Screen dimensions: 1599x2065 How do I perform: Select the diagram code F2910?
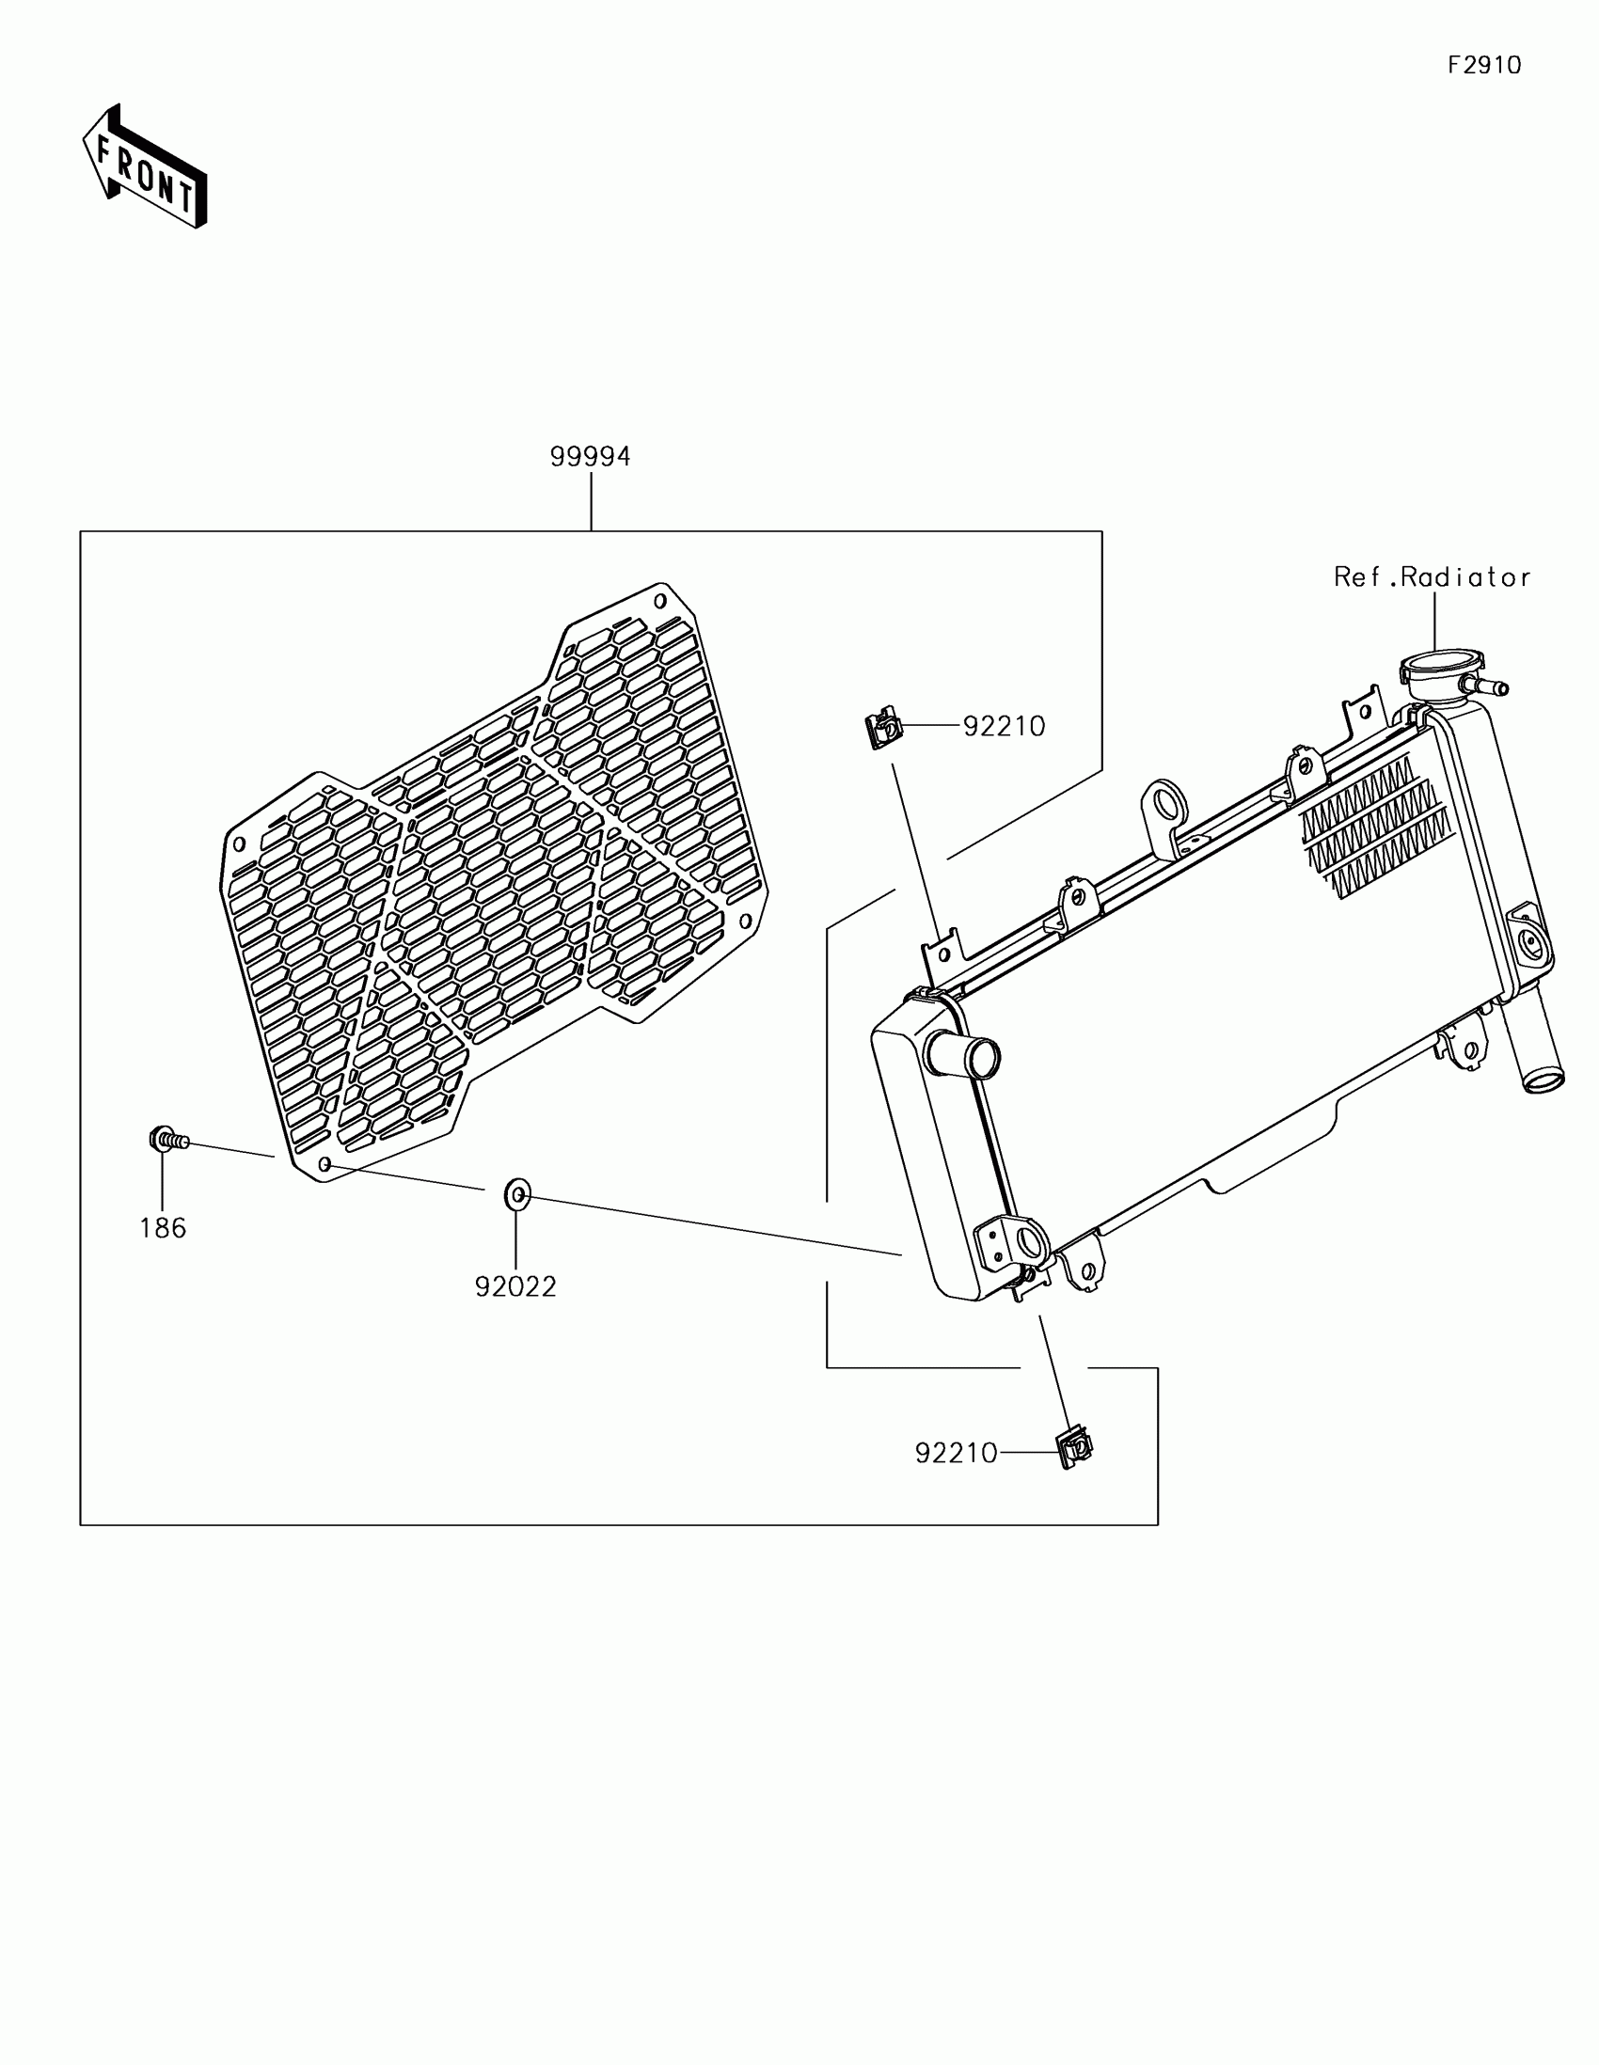(x=1484, y=65)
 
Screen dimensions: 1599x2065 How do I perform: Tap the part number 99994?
(x=590, y=457)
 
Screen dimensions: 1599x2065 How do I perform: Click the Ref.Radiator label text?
(x=1432, y=576)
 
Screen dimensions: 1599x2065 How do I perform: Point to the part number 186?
(x=163, y=1228)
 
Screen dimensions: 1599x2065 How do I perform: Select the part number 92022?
(x=515, y=1286)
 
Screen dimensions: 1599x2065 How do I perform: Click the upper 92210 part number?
(x=1005, y=726)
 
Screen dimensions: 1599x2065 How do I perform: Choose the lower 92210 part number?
(x=956, y=1453)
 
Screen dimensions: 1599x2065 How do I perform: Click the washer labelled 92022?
(x=516, y=1194)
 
